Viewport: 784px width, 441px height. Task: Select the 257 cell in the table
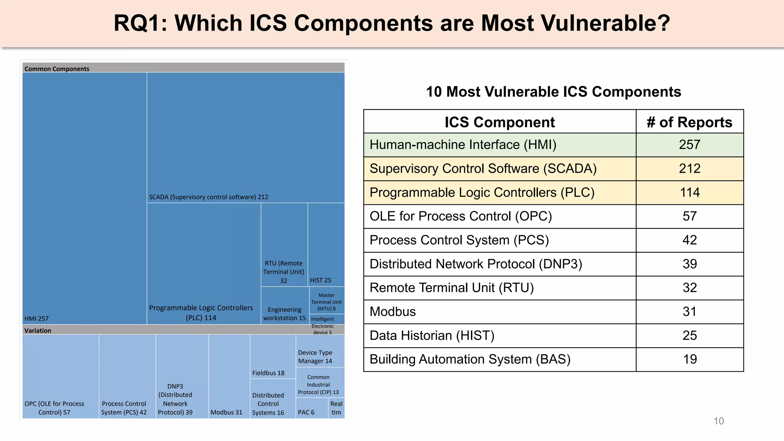click(689, 145)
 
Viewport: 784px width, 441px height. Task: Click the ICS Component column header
click(499, 122)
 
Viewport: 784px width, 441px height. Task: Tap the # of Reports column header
click(689, 122)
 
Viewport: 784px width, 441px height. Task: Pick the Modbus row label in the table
click(393, 312)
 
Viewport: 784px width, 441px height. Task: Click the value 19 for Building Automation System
click(689, 359)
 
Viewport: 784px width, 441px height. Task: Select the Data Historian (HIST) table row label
click(432, 335)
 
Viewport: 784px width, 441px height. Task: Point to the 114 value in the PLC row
click(689, 192)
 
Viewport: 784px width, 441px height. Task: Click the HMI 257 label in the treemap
click(36, 318)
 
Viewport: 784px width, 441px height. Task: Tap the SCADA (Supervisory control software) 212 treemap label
click(208, 197)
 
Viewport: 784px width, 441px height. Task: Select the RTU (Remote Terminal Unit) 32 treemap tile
click(284, 271)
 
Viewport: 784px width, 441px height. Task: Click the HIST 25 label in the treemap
click(320, 280)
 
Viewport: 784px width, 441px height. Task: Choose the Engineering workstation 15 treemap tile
click(284, 314)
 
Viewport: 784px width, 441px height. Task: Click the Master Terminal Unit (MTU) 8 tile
click(327, 302)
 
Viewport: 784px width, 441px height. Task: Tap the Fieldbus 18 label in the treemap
click(268, 373)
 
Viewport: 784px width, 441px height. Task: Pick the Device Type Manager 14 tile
click(315, 356)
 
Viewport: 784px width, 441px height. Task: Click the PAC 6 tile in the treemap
click(306, 412)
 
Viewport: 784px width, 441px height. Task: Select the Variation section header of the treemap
click(38, 330)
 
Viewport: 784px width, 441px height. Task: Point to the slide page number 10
click(719, 421)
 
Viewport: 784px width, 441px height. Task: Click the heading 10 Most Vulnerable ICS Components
click(553, 92)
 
